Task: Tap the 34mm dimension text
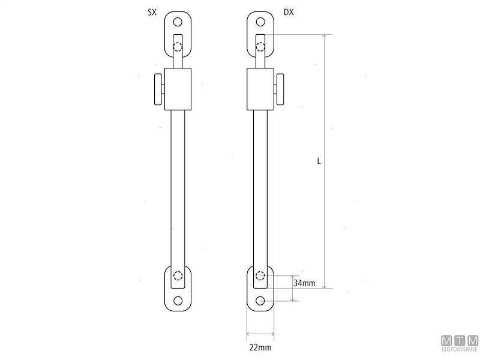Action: point(304,283)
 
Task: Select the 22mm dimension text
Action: point(260,347)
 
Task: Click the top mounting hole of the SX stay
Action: point(178,23)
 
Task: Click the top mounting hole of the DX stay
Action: point(260,23)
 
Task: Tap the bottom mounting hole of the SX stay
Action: point(178,301)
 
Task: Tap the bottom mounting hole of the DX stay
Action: point(260,301)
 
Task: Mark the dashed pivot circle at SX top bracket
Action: point(178,47)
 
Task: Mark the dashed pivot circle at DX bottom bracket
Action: point(260,276)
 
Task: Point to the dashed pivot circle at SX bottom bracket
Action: point(178,276)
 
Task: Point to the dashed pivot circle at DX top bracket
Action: point(260,47)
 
